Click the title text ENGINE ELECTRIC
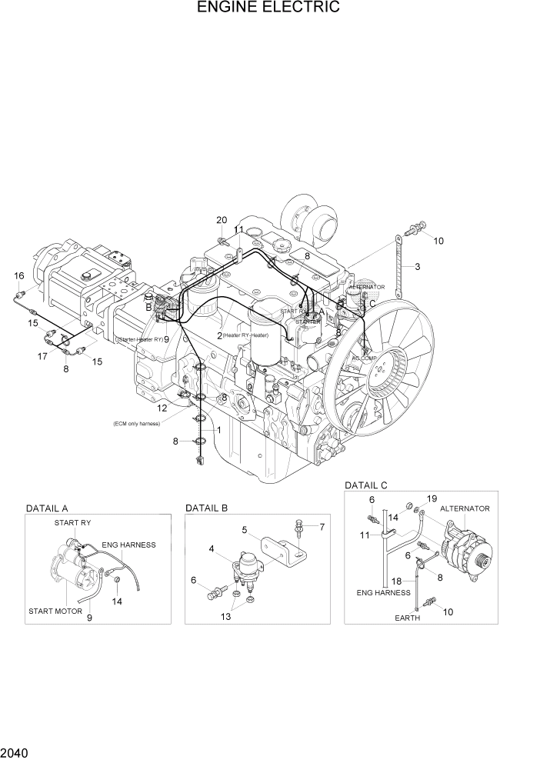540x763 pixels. click(268, 8)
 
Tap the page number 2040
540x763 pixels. click(16, 752)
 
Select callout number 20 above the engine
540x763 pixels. click(222, 221)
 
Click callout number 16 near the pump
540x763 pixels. click(19, 276)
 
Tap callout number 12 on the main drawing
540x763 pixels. click(162, 408)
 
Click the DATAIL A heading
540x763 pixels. click(48, 508)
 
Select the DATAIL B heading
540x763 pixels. click(207, 508)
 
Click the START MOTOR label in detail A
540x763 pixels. click(52, 611)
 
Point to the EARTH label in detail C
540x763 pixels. click(408, 618)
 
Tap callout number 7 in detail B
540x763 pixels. click(322, 527)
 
